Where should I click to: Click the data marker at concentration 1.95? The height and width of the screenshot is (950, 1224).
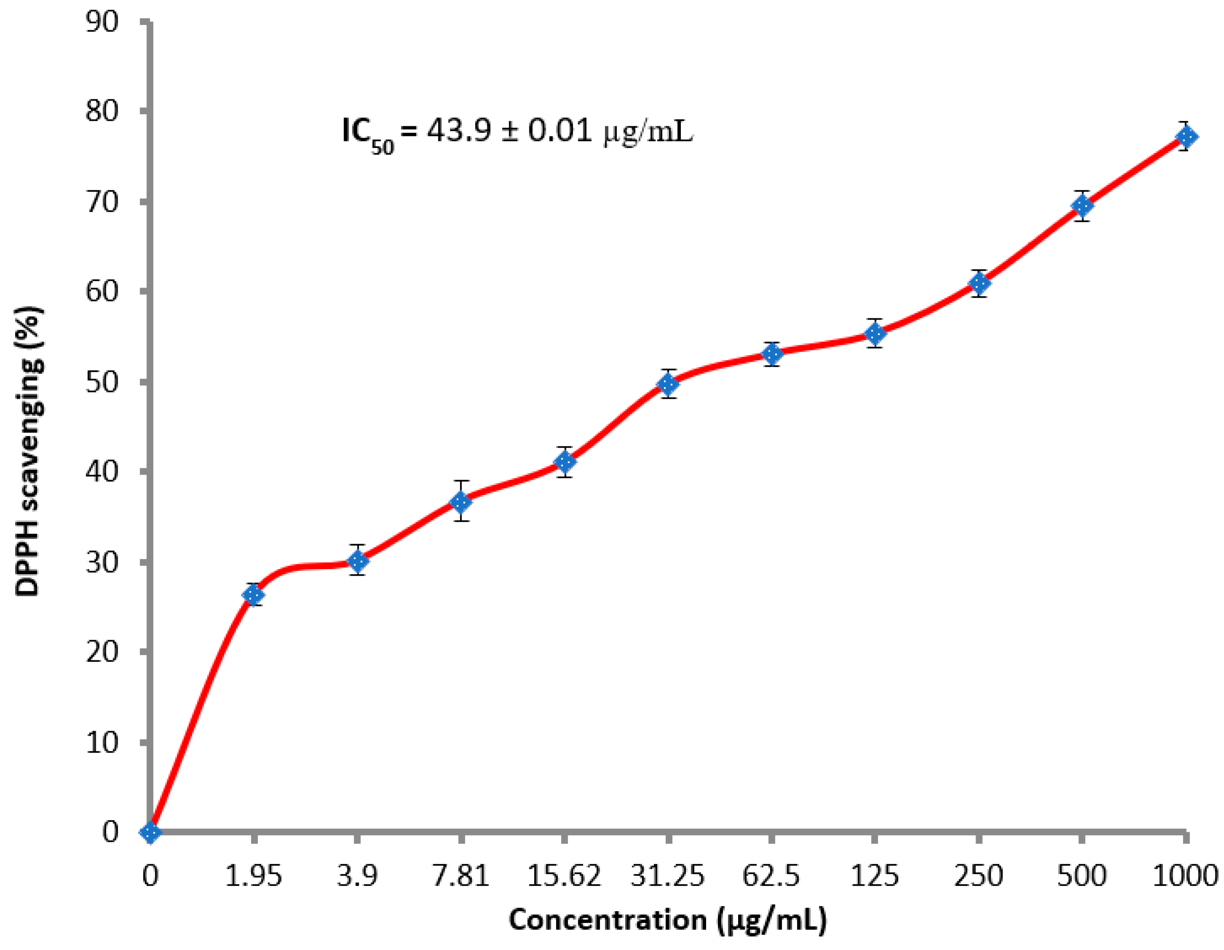[x=253, y=595]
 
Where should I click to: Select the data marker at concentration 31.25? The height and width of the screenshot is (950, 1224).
[x=668, y=384]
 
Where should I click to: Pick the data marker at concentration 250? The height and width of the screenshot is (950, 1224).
[x=979, y=283]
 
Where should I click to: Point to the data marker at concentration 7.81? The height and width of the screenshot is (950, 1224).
[x=461, y=502]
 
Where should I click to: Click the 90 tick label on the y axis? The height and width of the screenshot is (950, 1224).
[x=102, y=22]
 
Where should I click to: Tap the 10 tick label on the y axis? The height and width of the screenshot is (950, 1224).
[x=102, y=743]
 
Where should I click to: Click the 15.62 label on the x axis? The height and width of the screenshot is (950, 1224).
[x=564, y=875]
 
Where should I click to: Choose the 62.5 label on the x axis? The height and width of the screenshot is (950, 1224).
[x=771, y=875]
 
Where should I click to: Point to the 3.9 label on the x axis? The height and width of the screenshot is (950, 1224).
[x=357, y=875]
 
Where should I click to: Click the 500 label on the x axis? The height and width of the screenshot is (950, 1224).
[x=1082, y=875]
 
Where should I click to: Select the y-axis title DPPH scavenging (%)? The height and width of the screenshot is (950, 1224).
[x=28, y=451]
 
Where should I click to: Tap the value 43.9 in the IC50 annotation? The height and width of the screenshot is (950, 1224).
[x=459, y=131]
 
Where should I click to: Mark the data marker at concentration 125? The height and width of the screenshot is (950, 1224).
[x=875, y=334]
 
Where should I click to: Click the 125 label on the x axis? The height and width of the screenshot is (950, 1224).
[x=875, y=875]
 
